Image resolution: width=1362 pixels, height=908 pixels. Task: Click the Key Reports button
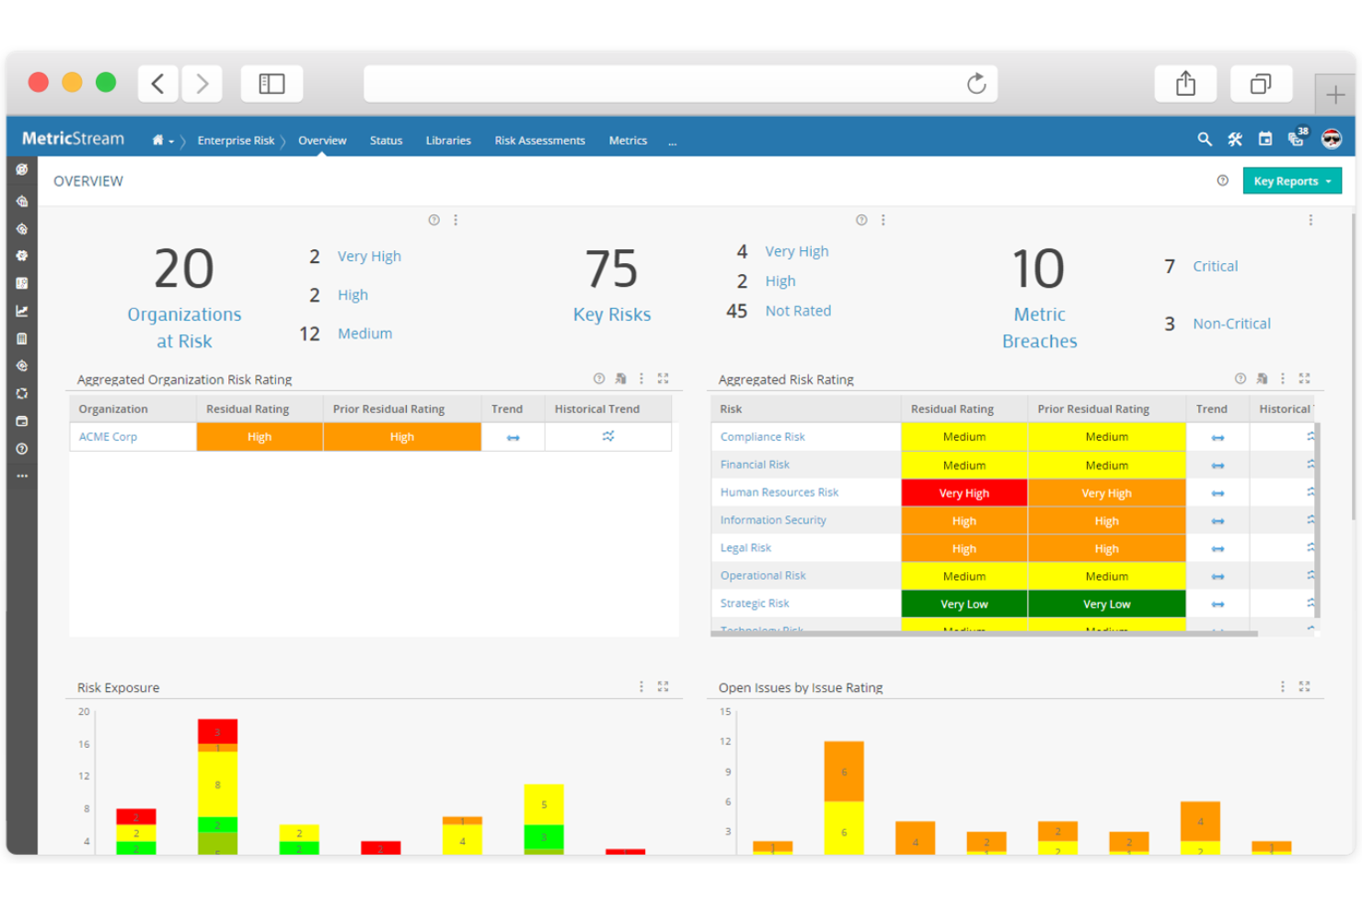tap(1291, 181)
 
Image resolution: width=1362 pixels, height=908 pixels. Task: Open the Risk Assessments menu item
tap(539, 141)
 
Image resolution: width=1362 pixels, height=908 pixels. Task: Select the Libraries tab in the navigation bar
tap(448, 141)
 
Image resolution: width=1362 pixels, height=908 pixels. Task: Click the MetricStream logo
tap(73, 139)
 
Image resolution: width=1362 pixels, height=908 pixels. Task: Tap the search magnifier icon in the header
tap(1204, 139)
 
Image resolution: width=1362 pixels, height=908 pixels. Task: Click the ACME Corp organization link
tap(108, 437)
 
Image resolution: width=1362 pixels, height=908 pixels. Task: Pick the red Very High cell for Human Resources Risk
tap(964, 493)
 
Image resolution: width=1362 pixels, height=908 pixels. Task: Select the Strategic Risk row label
tap(755, 603)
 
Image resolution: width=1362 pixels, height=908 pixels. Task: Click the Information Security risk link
tap(773, 520)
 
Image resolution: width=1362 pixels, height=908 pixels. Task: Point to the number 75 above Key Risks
tap(612, 270)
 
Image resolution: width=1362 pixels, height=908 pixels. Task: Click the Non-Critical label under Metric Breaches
tap(1231, 324)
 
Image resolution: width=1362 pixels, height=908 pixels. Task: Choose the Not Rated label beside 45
tap(798, 311)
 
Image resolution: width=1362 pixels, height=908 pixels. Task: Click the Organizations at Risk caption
tap(184, 328)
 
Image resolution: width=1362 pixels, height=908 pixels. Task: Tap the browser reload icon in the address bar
tap(976, 84)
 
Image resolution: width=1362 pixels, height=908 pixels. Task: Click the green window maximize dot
tap(106, 83)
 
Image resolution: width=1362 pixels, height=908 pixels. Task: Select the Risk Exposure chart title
tap(118, 687)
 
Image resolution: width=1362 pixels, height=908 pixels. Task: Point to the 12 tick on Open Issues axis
tap(725, 741)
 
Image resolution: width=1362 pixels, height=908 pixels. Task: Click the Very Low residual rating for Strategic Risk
tap(964, 604)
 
